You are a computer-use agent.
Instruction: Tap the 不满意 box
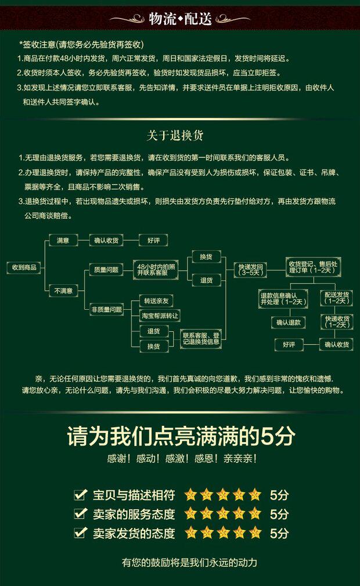(x=63, y=290)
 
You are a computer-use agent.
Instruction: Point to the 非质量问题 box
(x=106, y=310)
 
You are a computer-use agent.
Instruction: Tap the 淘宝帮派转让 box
(x=160, y=316)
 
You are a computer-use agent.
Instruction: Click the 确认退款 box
(x=288, y=323)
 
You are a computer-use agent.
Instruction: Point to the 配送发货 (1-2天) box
(x=337, y=298)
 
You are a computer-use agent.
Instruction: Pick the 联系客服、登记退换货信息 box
(x=201, y=338)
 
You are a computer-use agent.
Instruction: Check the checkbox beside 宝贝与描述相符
(x=81, y=495)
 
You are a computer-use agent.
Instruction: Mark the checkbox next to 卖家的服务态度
(x=81, y=513)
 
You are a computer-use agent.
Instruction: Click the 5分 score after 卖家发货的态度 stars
(x=279, y=533)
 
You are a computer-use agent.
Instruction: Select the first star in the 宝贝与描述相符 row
(x=190, y=495)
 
